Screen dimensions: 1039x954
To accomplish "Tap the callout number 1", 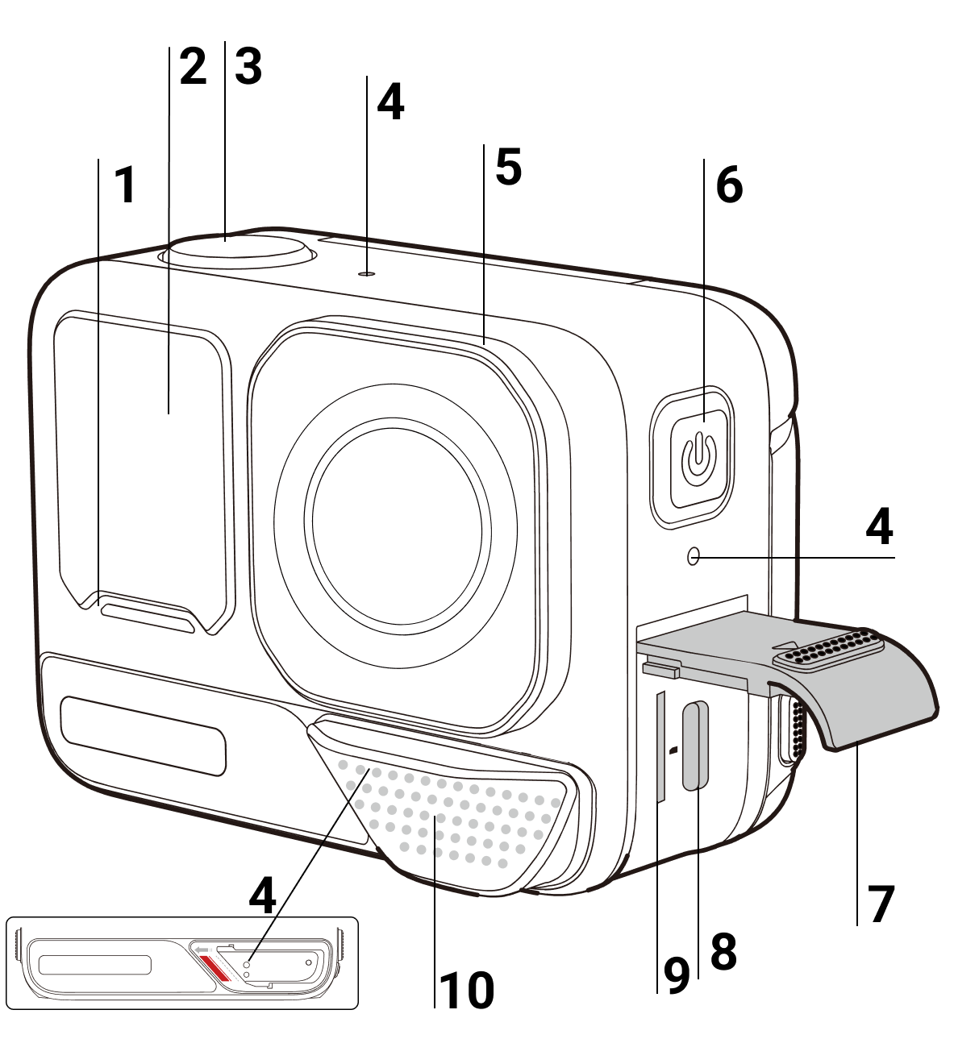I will click(124, 185).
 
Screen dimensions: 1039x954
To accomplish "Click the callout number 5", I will click(508, 167).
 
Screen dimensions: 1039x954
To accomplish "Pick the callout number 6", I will click(729, 185).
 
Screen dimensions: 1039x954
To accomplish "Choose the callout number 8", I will click(723, 952).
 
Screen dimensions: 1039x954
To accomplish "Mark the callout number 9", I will click(676, 976).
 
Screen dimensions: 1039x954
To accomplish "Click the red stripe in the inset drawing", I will click(212, 968).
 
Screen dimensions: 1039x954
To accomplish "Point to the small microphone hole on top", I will click(368, 273).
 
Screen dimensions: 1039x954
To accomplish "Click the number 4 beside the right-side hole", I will click(879, 528).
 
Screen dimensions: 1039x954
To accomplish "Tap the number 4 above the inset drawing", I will click(262, 895).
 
